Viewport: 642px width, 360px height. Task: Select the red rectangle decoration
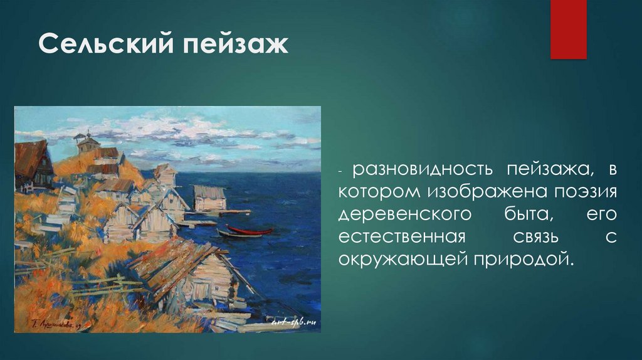click(x=568, y=29)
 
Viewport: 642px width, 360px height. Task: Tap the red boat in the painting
click(x=250, y=230)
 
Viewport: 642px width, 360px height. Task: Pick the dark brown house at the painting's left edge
click(x=34, y=165)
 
